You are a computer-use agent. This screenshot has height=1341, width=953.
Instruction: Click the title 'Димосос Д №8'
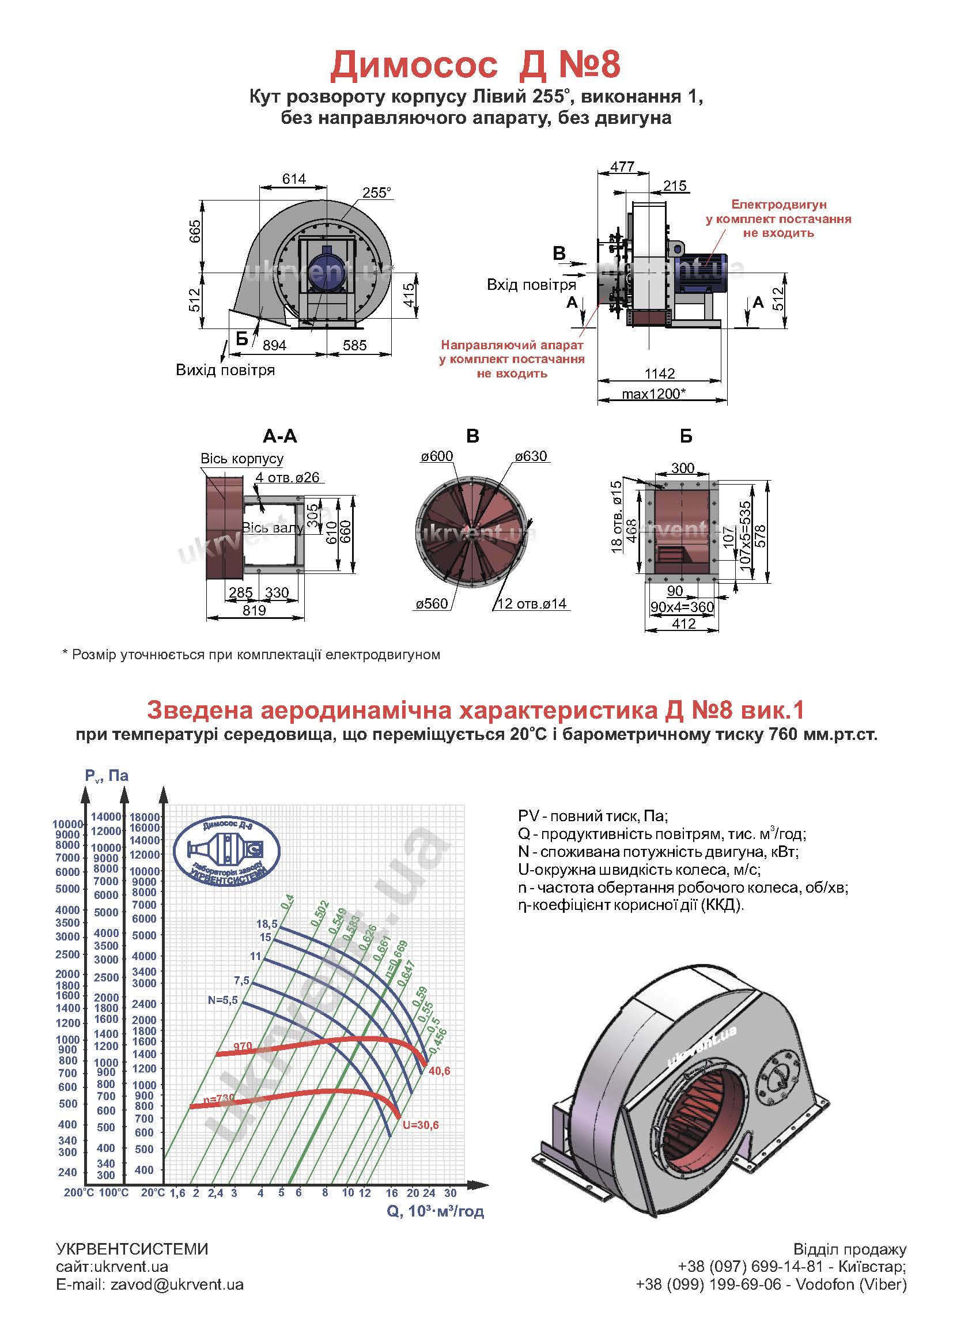pos(475,65)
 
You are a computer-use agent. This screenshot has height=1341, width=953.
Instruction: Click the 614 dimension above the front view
pos(293,179)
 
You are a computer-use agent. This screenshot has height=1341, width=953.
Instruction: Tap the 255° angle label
pos(376,192)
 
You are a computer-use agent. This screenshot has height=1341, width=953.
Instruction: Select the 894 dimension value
pos(274,345)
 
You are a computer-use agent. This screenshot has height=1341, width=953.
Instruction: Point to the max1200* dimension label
pos(654,393)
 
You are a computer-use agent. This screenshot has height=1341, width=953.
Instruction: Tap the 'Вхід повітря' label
pos(531,285)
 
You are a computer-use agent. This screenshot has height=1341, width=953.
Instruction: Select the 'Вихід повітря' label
pos(225,371)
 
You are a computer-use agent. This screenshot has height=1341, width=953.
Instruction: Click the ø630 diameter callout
pos(531,456)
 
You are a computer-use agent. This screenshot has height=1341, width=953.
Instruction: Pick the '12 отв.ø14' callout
pos(532,604)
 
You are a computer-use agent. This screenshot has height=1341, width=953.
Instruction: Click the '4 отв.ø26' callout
pos(288,478)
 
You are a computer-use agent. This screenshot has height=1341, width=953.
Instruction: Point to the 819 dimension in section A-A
pos(254,610)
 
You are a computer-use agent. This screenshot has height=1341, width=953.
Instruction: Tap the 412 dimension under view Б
pos(684,624)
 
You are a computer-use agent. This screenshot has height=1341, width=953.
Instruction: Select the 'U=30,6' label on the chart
pos(420,1125)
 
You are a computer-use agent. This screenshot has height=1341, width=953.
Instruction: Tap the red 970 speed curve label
pos(243,1046)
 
